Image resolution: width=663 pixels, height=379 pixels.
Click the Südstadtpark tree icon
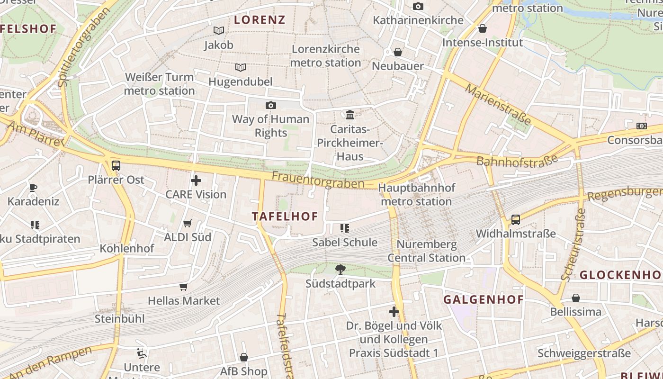pyautogui.click(x=340, y=270)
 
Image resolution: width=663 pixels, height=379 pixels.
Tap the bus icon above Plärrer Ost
pyautogui.click(x=116, y=166)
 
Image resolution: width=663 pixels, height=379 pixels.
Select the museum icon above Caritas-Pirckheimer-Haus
pyautogui.click(x=350, y=115)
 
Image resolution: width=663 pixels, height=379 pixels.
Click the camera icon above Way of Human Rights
pyautogui.click(x=271, y=105)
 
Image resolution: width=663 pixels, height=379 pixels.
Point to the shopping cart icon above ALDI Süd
pyautogui.click(x=188, y=223)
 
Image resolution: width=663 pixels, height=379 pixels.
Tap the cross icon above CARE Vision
pyautogui.click(x=196, y=180)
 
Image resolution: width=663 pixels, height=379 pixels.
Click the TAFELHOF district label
pyautogui.click(x=285, y=217)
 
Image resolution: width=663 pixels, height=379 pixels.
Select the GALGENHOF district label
pyautogui.click(x=484, y=299)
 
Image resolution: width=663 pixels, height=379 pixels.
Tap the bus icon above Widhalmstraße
pyautogui.click(x=515, y=220)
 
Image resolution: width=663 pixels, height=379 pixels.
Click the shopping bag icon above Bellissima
pyautogui.click(x=576, y=298)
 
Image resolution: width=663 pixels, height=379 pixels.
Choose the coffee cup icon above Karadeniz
pyautogui.click(x=33, y=188)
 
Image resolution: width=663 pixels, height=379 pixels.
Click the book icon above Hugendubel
pyautogui.click(x=241, y=67)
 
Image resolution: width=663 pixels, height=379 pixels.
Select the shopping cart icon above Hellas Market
pyautogui.click(x=184, y=287)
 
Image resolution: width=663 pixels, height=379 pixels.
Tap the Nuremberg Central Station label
pyautogui.click(x=427, y=252)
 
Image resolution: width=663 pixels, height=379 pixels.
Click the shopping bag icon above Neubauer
pyautogui.click(x=398, y=52)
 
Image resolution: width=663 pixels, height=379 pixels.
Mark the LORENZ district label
pyautogui.click(x=260, y=20)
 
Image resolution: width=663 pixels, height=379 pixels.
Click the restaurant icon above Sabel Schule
pyautogui.click(x=344, y=228)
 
